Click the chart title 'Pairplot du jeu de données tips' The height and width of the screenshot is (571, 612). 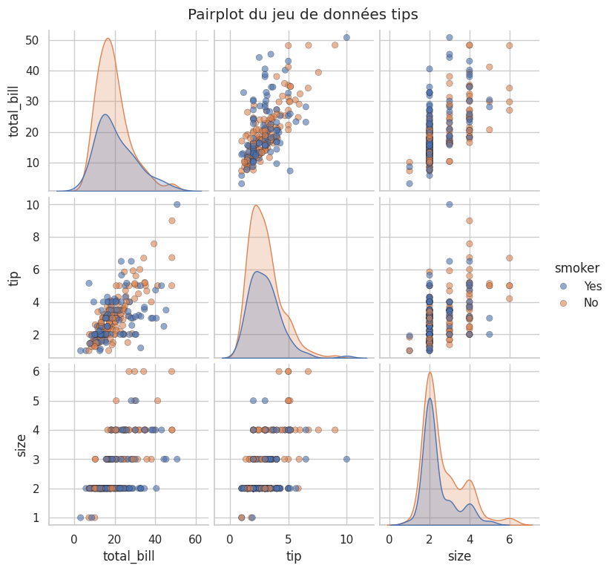[x=303, y=14]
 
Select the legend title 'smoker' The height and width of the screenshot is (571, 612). [x=577, y=268]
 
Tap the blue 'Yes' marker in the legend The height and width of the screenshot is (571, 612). [x=563, y=286]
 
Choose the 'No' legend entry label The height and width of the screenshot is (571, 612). [x=590, y=303]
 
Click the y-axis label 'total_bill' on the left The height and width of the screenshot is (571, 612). [x=14, y=110]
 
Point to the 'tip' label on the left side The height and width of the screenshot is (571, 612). [x=14, y=278]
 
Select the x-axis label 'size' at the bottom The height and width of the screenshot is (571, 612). [x=458, y=555]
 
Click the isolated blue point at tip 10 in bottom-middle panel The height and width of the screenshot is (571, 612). [x=346, y=459]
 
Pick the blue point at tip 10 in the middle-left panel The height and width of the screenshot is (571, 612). [x=177, y=204]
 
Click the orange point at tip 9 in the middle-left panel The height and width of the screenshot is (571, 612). [x=171, y=221]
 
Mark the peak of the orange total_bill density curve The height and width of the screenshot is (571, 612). [x=108, y=39]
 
